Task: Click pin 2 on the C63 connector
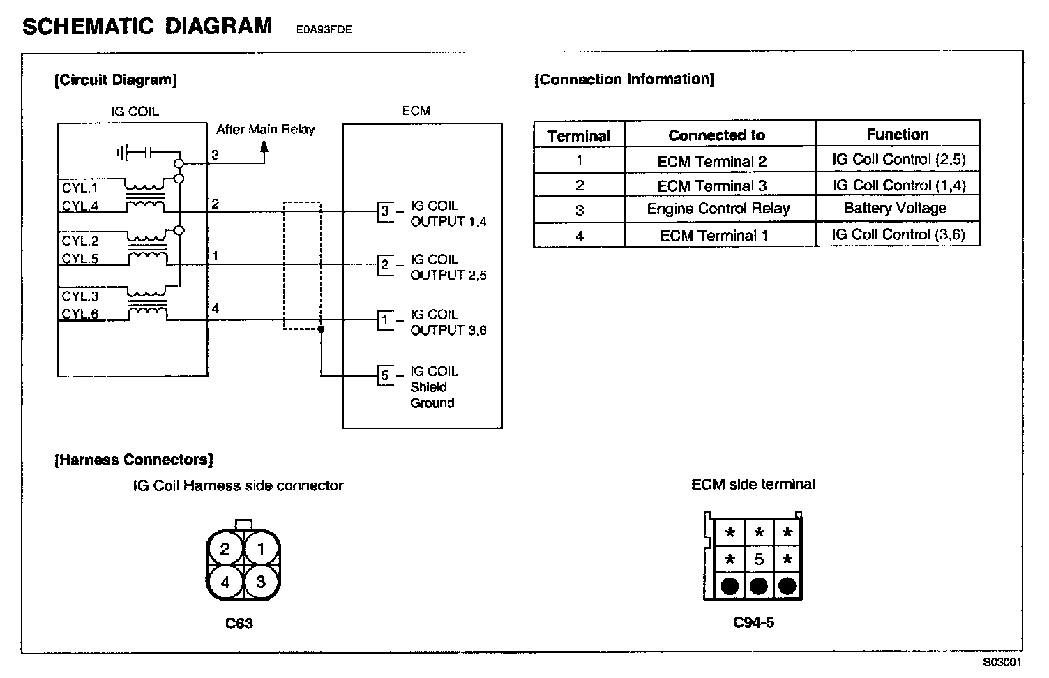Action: click(225, 549)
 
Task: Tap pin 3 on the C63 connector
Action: click(261, 581)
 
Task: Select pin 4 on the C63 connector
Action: click(225, 581)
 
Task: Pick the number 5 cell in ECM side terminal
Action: click(759, 559)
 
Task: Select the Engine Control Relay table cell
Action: click(718, 209)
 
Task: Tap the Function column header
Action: click(897, 134)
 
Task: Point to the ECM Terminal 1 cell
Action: click(714, 236)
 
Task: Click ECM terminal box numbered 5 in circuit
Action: click(385, 375)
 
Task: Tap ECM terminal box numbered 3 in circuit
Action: click(385, 211)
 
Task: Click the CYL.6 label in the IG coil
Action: click(80, 314)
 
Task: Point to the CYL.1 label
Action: click(80, 188)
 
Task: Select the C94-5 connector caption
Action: click(753, 622)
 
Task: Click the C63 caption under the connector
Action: click(239, 624)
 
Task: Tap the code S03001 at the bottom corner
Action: click(1002, 663)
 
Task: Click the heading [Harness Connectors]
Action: click(134, 460)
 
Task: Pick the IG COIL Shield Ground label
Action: click(433, 387)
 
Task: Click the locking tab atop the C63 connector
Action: click(243, 525)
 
